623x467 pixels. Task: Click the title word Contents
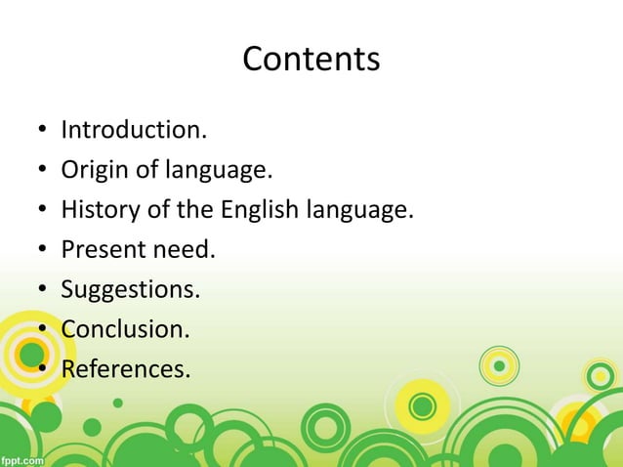[x=311, y=60]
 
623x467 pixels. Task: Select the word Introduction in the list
[x=124, y=131]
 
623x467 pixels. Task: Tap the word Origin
[x=91, y=171]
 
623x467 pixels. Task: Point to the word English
[x=258, y=210]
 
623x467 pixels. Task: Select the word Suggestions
[x=128, y=291]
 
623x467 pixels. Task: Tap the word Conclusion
[x=123, y=329]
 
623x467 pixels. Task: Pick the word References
[x=124, y=369]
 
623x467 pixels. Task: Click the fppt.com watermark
[x=22, y=457]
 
